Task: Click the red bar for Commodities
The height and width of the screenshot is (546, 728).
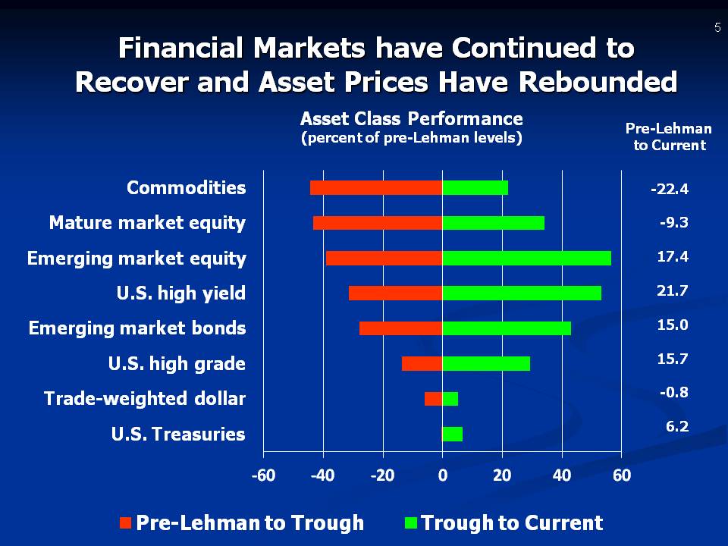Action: click(376, 188)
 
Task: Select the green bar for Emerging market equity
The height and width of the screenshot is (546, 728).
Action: click(526, 258)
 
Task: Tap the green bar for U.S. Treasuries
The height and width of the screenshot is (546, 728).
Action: click(452, 434)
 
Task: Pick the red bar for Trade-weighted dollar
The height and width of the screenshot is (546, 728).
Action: click(433, 399)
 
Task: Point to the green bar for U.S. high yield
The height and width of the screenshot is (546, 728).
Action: click(522, 293)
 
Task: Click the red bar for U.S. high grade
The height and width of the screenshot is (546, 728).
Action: click(422, 363)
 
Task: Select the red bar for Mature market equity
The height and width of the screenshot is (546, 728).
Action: click(378, 223)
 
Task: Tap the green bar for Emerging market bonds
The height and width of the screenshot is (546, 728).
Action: click(507, 328)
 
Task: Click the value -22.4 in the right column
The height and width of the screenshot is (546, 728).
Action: click(670, 190)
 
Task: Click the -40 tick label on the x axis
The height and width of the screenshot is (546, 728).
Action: click(323, 475)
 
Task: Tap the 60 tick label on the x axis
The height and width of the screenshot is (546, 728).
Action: click(621, 475)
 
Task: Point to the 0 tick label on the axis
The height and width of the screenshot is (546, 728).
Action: click(442, 475)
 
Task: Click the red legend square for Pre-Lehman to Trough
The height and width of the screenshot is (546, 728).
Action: click(126, 522)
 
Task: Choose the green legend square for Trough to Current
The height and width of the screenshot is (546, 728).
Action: click(412, 522)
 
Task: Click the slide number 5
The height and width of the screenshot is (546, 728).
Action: click(717, 28)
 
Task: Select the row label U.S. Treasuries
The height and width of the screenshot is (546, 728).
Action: click(178, 435)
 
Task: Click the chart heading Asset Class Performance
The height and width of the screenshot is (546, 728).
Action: click(411, 119)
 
